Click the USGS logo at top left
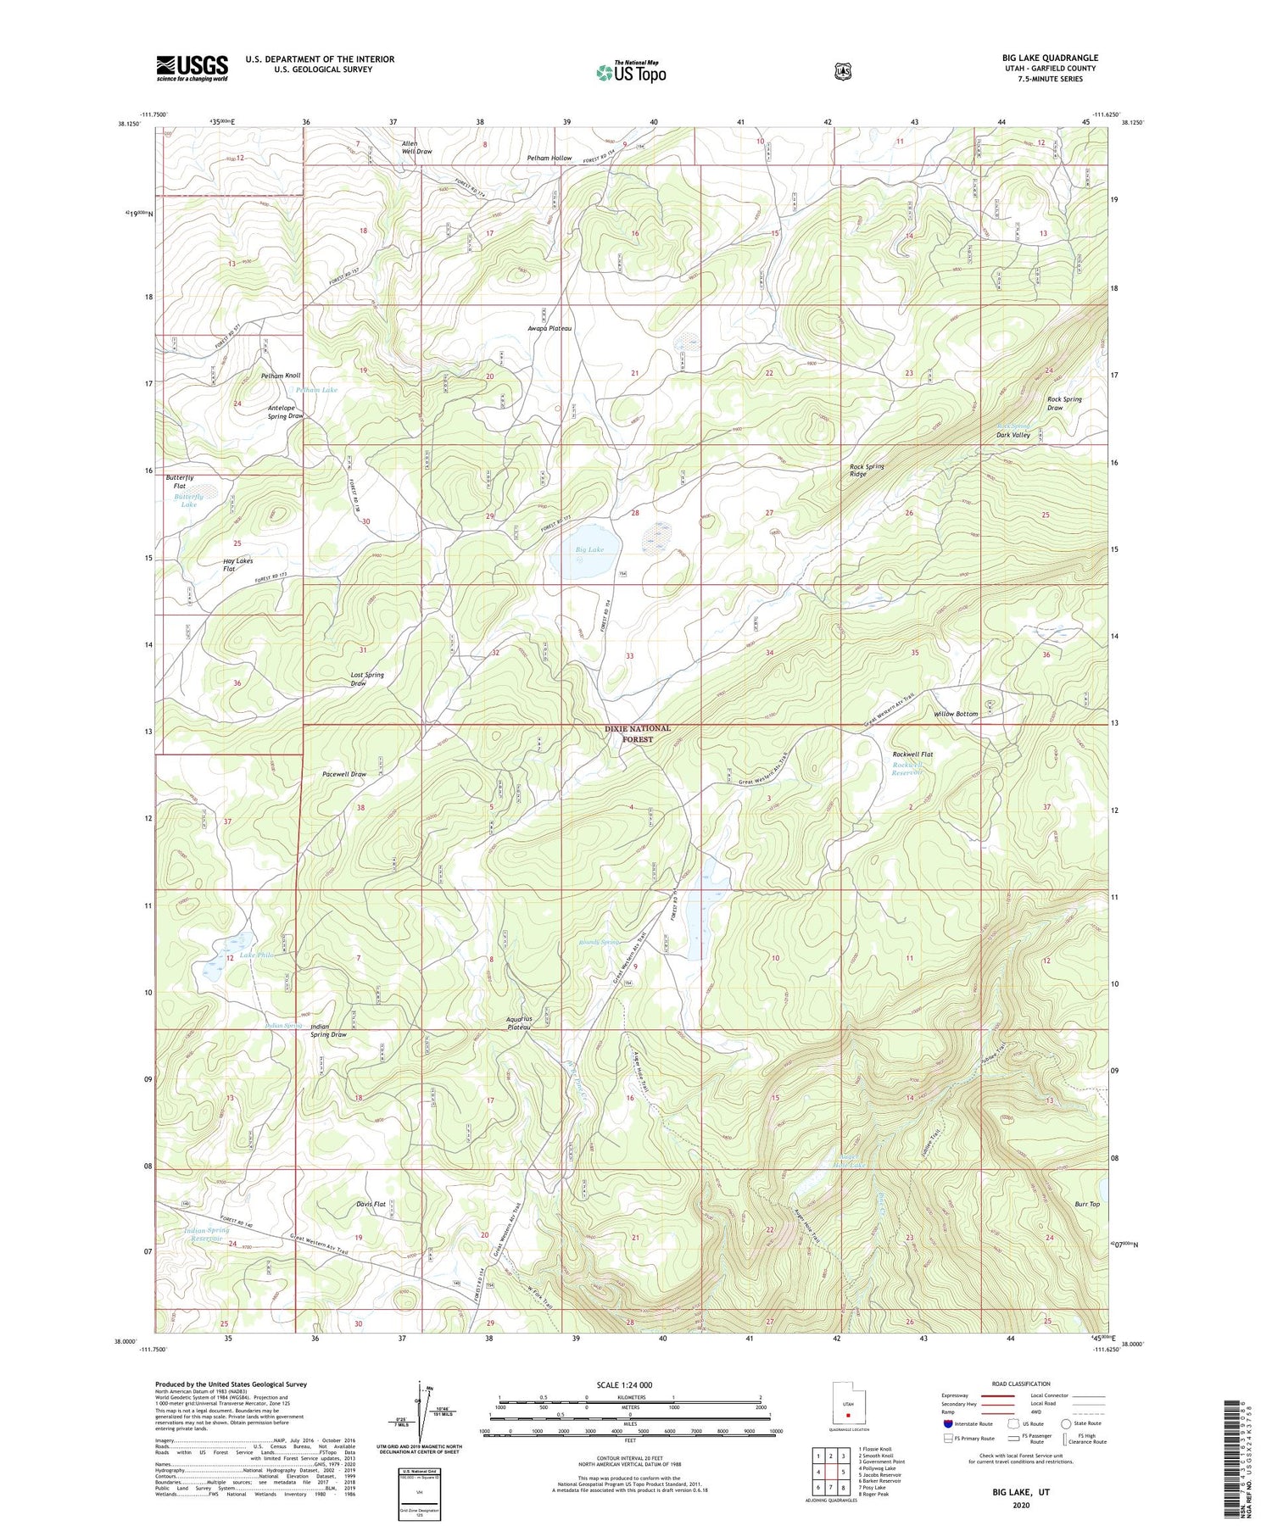[x=192, y=68]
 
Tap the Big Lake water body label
[x=589, y=549]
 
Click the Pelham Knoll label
[x=281, y=375]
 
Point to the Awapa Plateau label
[x=550, y=328]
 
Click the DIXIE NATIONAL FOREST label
[x=638, y=733]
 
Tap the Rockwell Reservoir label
[x=912, y=769]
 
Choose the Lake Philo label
[x=257, y=955]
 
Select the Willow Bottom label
[x=956, y=714]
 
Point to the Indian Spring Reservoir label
[x=207, y=1234]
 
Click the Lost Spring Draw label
[x=367, y=679]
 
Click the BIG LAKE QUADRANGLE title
[x=1050, y=58]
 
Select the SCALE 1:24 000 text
[x=630, y=1384]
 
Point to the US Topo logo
[x=631, y=72]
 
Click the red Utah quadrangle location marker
[x=847, y=1414]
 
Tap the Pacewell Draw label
[x=344, y=774]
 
